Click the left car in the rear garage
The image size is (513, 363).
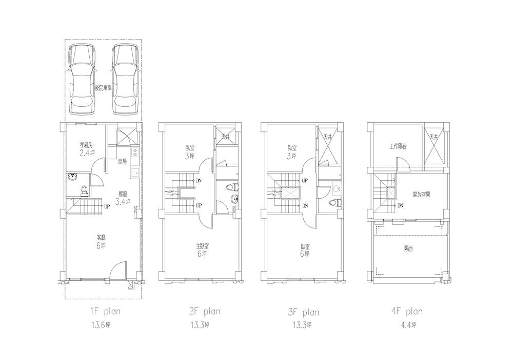click(83, 80)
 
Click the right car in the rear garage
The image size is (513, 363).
click(126, 80)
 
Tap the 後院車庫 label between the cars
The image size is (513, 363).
click(103, 88)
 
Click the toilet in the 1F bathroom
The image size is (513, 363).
click(85, 190)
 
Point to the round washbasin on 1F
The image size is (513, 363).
click(73, 178)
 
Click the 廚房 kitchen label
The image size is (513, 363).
click(123, 161)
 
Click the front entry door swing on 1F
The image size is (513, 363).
click(118, 270)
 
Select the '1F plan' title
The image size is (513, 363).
click(105, 311)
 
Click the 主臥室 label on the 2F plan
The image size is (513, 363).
click(202, 246)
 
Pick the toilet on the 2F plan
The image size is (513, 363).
click(232, 187)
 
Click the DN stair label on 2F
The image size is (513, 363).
click(199, 180)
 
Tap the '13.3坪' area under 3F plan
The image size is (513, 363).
click(302, 325)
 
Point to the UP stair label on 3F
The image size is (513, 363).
click(305, 180)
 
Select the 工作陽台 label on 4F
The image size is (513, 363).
click(398, 147)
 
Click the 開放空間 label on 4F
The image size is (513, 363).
click(421, 195)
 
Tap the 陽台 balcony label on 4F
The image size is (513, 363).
click(408, 249)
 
